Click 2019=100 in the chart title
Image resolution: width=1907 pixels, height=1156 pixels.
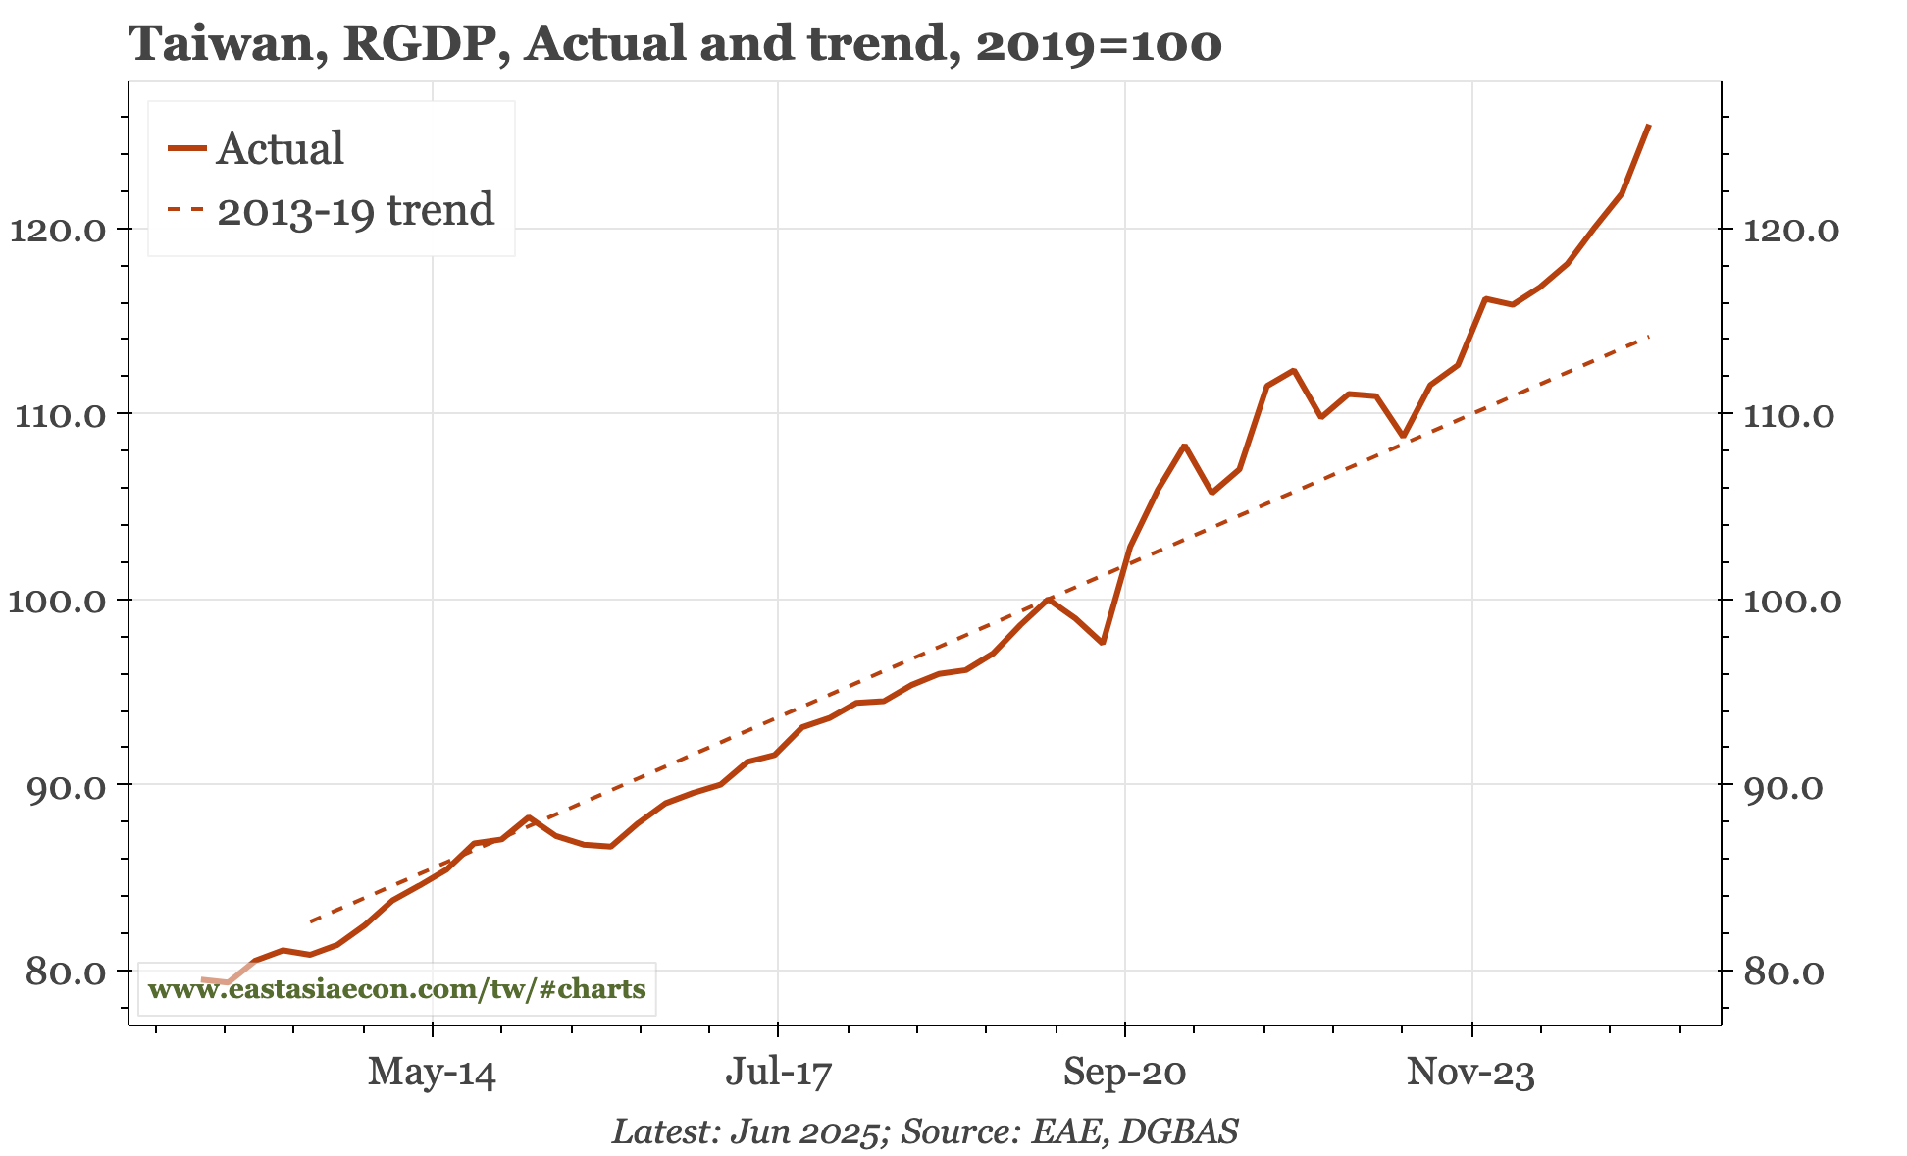pos(1099,45)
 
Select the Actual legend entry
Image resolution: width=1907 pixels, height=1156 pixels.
pos(280,149)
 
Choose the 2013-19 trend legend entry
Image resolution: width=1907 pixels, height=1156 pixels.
pos(355,210)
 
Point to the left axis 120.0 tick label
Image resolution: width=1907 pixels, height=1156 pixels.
pos(56,231)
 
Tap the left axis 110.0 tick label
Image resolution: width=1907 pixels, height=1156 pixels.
pos(56,415)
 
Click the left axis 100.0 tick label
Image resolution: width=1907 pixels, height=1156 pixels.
pos(56,601)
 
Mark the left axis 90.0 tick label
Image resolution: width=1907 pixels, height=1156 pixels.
pos(64,786)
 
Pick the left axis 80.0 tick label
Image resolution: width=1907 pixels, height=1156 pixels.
pos(64,972)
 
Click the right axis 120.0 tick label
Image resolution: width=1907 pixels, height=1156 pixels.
pos(1791,231)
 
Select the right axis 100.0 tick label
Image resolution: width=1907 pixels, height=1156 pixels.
pos(1791,601)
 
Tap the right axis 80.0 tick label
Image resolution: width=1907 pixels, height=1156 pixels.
pos(1783,972)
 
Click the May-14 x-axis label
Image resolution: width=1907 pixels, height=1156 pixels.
pos(432,1073)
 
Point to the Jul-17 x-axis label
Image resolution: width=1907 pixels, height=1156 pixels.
pos(778,1073)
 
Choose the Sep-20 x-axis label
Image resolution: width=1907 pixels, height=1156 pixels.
pos(1124,1073)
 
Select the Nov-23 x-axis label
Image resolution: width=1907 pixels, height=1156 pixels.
pos(1470,1073)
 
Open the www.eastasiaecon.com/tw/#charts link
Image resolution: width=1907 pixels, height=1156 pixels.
pos(396,988)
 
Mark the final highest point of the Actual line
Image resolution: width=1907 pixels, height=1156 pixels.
pos(1649,126)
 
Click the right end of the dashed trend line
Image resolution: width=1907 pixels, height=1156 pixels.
pos(1649,337)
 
